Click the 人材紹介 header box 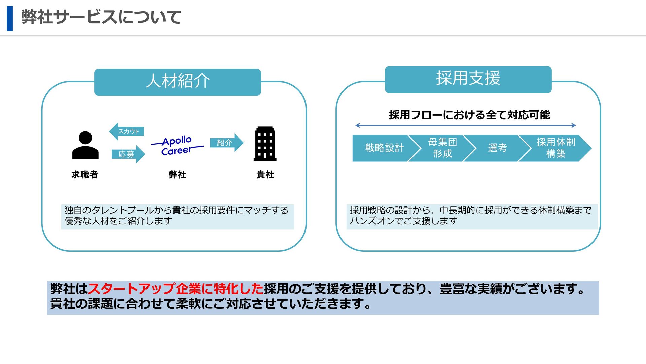click(177, 82)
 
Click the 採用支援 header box click(468, 80)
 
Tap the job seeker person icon click(85, 145)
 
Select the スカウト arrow click(127, 131)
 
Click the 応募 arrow click(128, 154)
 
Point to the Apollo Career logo click(177, 146)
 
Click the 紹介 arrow click(226, 143)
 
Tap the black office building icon click(265, 144)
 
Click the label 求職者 click(85, 175)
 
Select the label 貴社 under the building click(265, 175)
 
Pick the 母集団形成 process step click(442, 148)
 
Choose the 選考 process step click(497, 148)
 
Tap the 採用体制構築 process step click(555, 148)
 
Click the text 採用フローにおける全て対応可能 click(469, 115)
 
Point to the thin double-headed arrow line click(466, 126)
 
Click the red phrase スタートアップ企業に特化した click(176, 289)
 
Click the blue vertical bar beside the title click(10, 19)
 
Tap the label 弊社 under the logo click(177, 175)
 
